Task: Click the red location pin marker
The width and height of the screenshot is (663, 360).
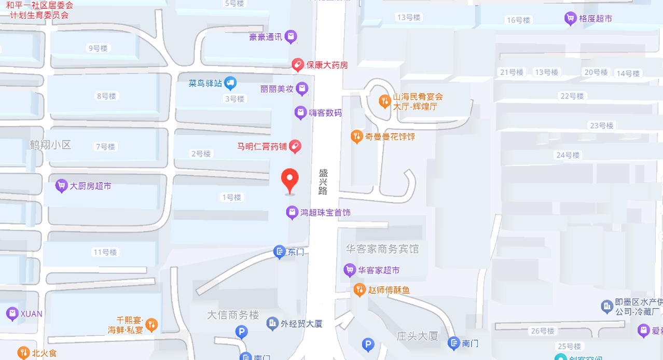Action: click(290, 180)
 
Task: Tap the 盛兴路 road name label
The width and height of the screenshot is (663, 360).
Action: click(323, 181)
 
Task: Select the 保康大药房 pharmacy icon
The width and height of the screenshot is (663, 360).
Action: click(297, 65)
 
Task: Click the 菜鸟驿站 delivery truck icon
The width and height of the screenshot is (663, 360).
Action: click(231, 82)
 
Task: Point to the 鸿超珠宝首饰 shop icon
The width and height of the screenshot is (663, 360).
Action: click(292, 212)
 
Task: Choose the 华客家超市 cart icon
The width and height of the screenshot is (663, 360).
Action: click(349, 270)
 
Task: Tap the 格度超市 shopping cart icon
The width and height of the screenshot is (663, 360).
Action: click(570, 19)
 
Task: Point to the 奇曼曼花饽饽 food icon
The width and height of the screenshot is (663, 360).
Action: click(356, 136)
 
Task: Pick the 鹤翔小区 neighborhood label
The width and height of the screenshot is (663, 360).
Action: click(50, 145)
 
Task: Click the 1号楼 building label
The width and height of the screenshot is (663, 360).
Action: click(231, 197)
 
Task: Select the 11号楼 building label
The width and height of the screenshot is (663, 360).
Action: click(105, 252)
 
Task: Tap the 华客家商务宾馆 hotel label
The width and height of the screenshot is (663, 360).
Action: click(382, 249)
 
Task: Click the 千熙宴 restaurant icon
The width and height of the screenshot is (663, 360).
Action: click(151, 325)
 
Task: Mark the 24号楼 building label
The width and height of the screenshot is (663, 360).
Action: click(568, 155)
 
